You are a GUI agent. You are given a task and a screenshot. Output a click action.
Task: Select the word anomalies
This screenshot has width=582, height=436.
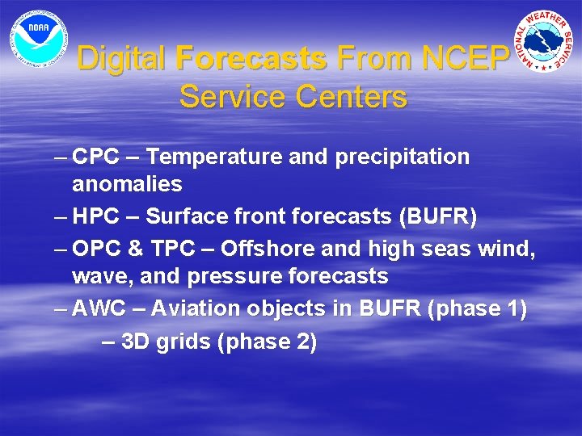pos(127,184)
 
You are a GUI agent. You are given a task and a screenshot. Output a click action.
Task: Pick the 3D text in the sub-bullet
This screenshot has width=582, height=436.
pos(135,342)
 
